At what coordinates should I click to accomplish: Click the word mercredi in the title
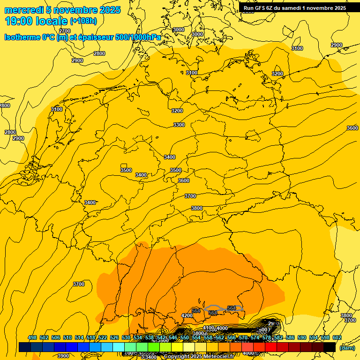point(24,10)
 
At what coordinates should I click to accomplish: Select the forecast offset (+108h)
point(83,21)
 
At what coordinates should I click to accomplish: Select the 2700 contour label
point(65,31)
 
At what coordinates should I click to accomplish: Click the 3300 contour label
point(179,125)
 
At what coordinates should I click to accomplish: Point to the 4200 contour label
point(187,315)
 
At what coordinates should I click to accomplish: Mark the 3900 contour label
point(62,356)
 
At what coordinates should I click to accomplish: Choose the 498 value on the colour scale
point(32,337)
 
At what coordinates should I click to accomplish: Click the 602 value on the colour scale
point(337,337)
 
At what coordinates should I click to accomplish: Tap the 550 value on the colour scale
point(185,337)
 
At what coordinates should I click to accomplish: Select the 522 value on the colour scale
point(103,337)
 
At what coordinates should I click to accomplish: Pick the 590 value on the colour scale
point(302,337)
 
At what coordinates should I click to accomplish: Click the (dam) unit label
point(347,348)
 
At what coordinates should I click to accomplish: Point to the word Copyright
point(177,357)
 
